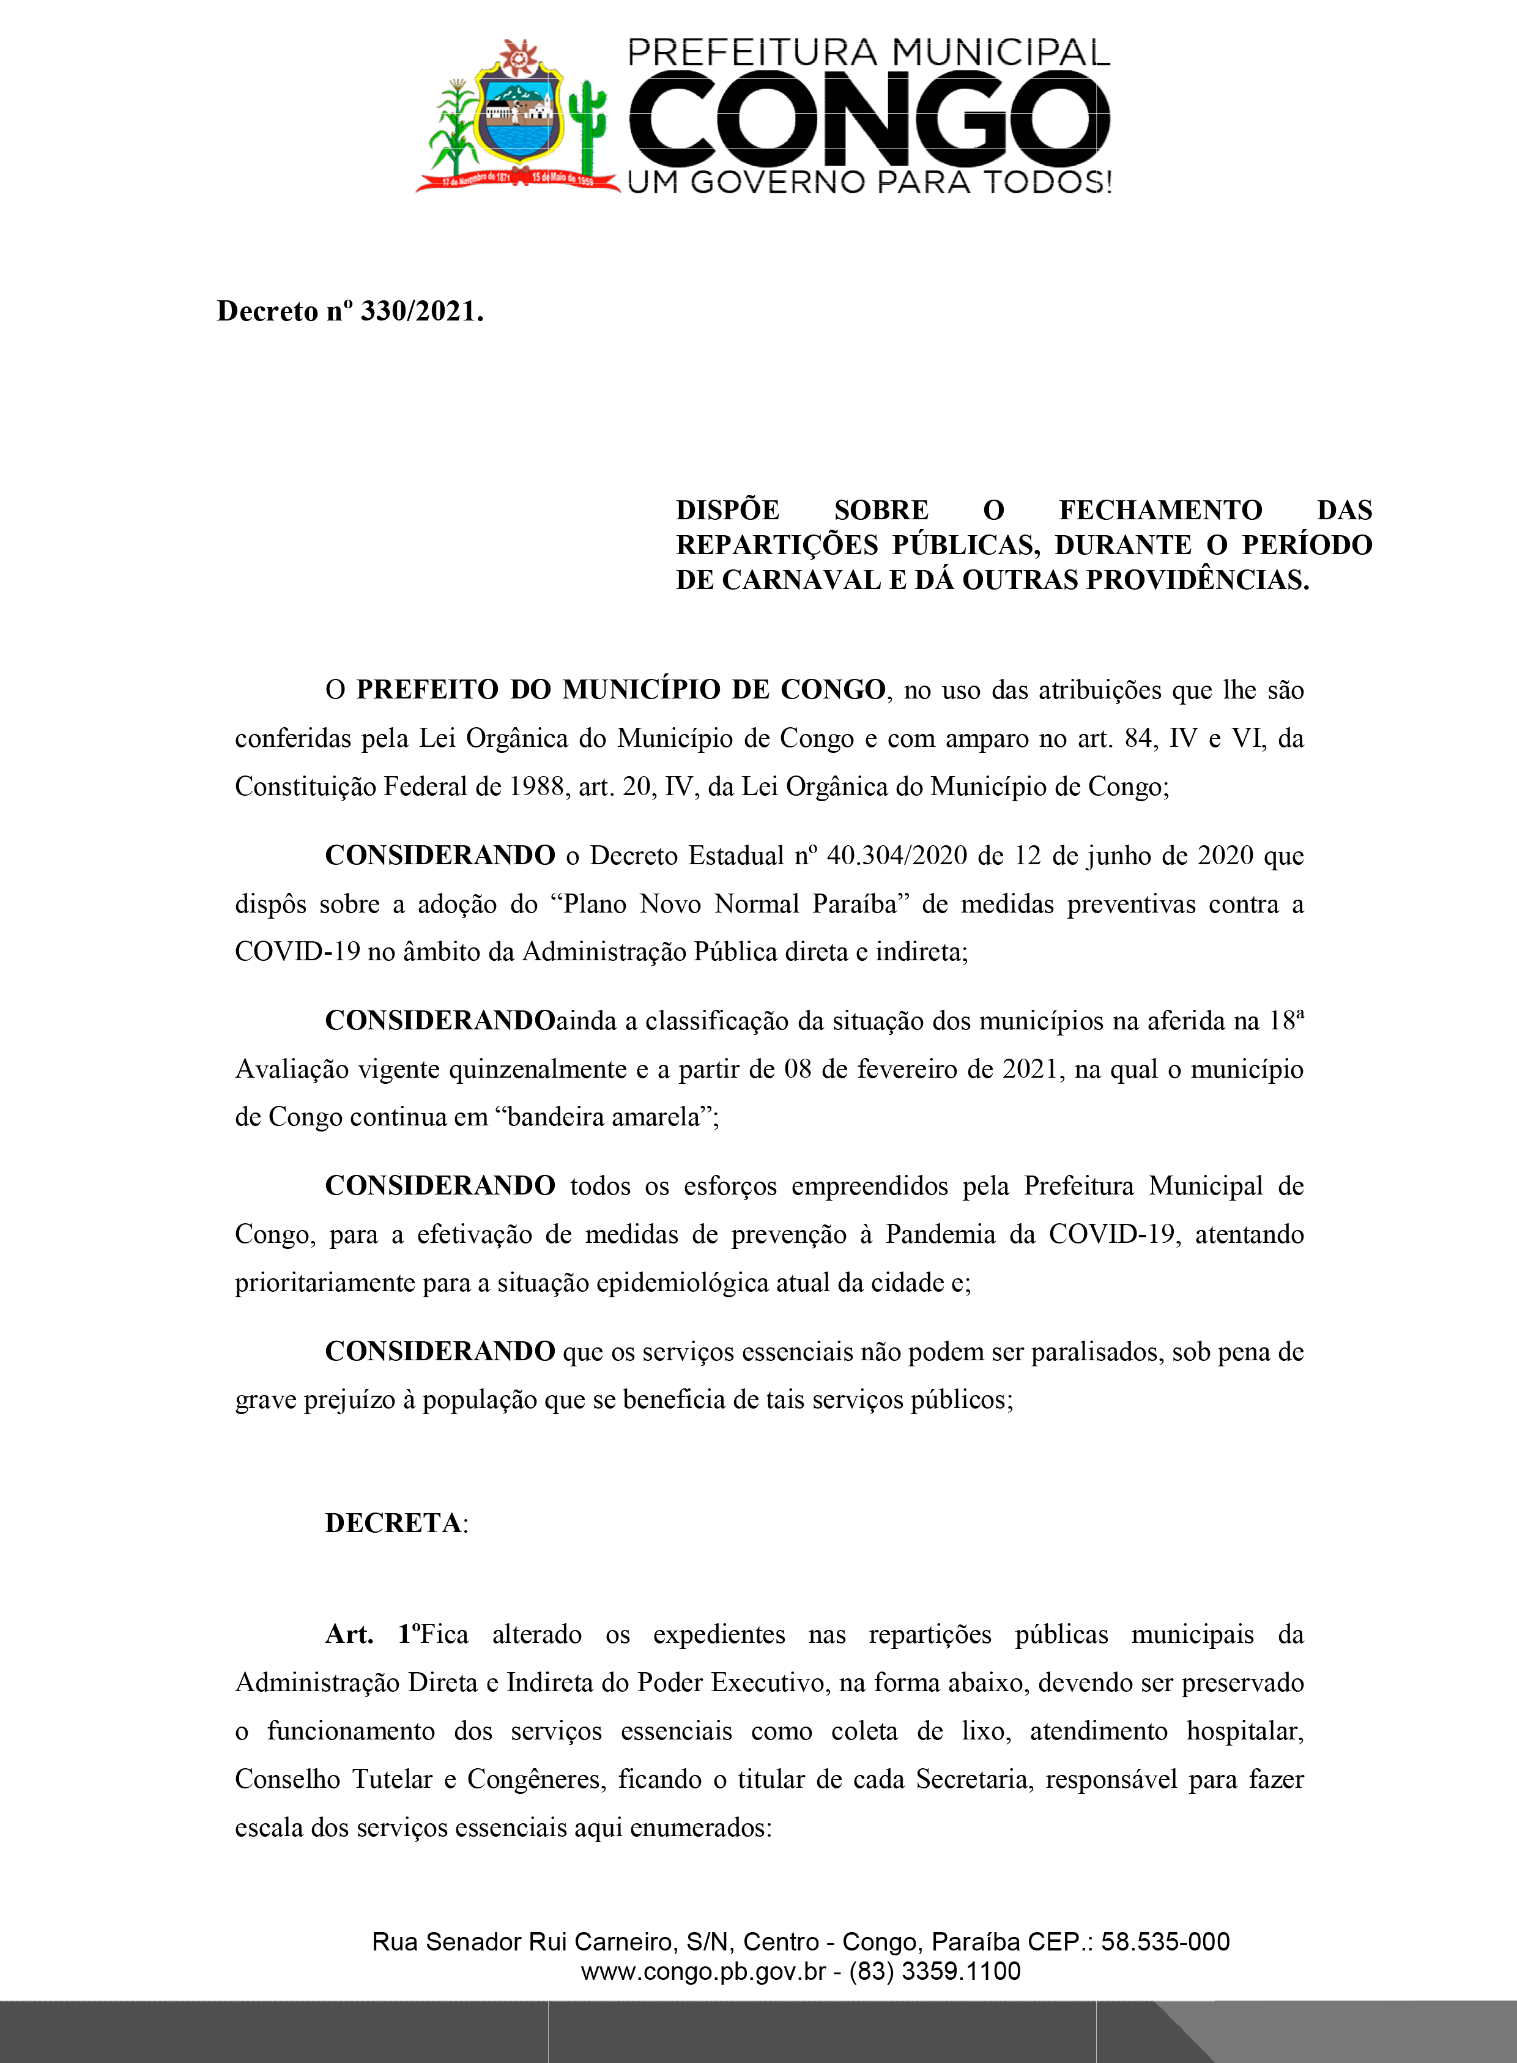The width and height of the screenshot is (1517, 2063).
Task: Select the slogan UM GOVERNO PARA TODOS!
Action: coord(869,182)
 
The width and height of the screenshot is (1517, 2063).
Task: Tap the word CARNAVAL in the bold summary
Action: coord(803,580)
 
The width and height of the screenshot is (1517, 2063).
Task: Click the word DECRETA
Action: coord(394,1523)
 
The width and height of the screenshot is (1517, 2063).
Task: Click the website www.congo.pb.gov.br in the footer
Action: coord(703,1971)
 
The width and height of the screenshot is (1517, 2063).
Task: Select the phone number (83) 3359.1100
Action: coord(934,1971)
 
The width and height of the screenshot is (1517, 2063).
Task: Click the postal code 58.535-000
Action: coord(1165,1942)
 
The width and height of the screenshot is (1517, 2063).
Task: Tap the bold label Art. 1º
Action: coord(373,1634)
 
